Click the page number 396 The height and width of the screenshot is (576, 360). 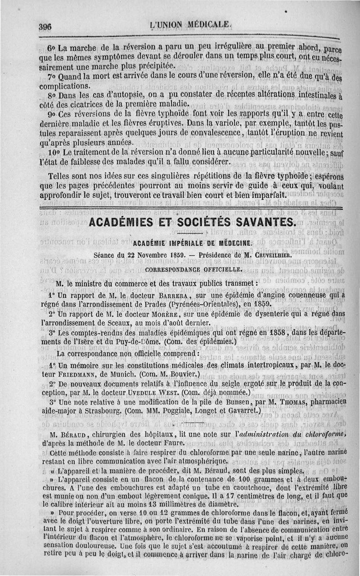45,26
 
